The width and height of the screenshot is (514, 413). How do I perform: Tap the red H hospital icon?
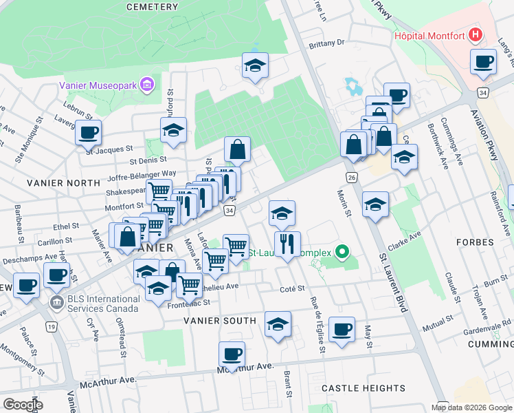(473, 34)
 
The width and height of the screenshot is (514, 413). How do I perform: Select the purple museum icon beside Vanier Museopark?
(146, 85)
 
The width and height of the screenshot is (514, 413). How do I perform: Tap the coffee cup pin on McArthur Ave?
(232, 354)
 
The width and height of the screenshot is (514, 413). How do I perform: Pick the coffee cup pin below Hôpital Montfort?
(483, 61)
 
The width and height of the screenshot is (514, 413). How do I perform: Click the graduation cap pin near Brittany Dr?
(256, 65)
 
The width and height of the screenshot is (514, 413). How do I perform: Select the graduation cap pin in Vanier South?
(278, 324)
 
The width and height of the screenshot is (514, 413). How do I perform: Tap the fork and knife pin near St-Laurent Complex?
(287, 243)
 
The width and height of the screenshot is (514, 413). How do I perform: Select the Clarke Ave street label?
(405, 238)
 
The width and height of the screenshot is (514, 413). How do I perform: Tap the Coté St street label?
(292, 290)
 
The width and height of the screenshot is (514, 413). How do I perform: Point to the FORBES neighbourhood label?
(474, 243)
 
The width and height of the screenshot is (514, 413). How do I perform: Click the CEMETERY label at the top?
(153, 6)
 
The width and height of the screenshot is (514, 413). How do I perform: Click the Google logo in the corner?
(23, 405)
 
